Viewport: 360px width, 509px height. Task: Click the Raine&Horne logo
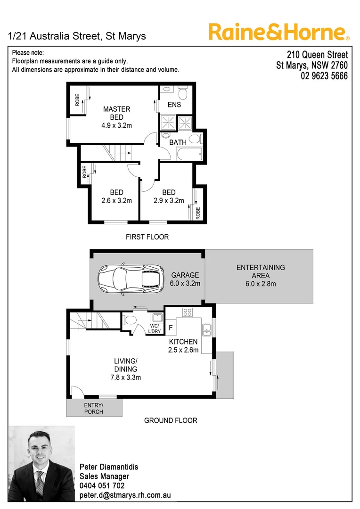tap(279, 33)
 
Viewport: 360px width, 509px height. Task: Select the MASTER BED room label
tap(117, 113)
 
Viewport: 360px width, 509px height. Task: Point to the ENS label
tap(174, 105)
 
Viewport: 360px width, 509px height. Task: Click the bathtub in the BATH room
tap(188, 154)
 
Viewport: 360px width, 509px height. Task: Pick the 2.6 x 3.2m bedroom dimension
tap(116, 200)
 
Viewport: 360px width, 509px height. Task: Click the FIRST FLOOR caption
tap(147, 237)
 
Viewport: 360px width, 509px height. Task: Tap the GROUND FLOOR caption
tap(171, 420)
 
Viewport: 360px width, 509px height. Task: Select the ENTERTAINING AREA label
tap(261, 271)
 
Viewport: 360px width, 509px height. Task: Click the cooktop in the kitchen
tap(188, 312)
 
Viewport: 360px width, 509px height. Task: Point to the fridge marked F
tap(171, 327)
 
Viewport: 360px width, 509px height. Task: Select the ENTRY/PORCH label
tap(93, 409)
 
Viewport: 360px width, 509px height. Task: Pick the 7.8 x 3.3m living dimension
tap(125, 377)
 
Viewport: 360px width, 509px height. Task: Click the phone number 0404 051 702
tap(102, 485)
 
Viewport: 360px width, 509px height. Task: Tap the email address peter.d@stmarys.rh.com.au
tap(125, 495)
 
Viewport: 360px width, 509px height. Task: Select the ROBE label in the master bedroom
tap(77, 100)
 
